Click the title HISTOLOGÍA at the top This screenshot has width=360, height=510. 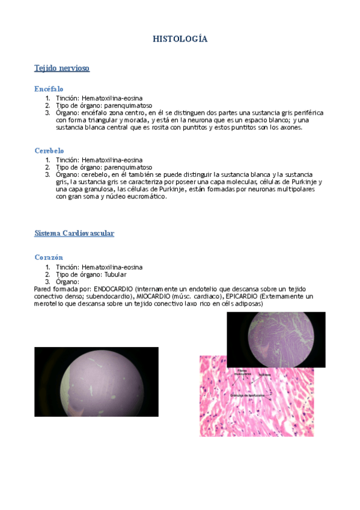point(180,39)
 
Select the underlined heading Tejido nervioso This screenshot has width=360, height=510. point(62,69)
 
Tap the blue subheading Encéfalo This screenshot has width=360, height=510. point(49,89)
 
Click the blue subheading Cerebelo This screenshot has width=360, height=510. point(49,151)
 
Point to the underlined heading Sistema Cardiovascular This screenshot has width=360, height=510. point(75,233)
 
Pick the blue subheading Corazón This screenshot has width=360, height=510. point(49,257)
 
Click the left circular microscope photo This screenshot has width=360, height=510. point(96,382)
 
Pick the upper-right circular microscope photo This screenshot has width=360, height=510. point(276,339)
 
